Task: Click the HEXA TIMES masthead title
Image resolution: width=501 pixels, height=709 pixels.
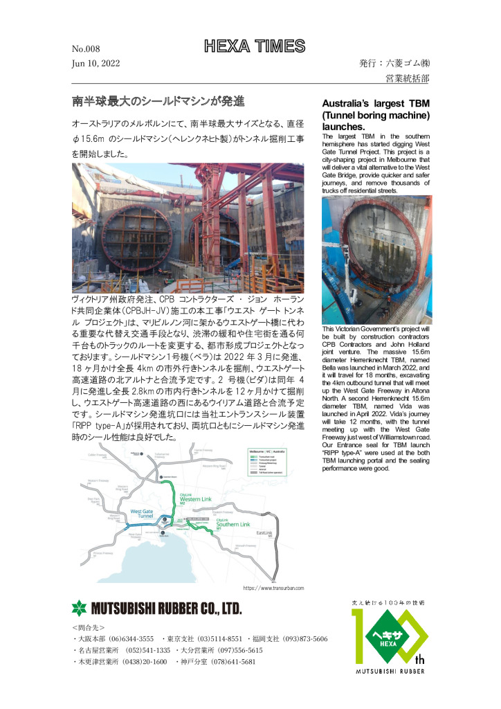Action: point(254,46)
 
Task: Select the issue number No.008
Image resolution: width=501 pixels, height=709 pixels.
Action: point(86,49)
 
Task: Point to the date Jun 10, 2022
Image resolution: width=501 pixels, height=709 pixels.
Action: point(95,63)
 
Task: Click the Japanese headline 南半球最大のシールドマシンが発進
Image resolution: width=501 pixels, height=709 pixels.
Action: point(158,101)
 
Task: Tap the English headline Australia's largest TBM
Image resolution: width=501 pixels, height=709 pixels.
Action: point(376,105)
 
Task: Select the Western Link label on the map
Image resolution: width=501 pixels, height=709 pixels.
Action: point(195,497)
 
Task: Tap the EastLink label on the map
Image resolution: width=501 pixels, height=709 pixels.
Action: point(265,534)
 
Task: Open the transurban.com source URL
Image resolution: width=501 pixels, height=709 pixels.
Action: point(273,588)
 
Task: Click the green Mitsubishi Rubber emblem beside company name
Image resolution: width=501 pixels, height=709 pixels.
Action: point(80,609)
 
